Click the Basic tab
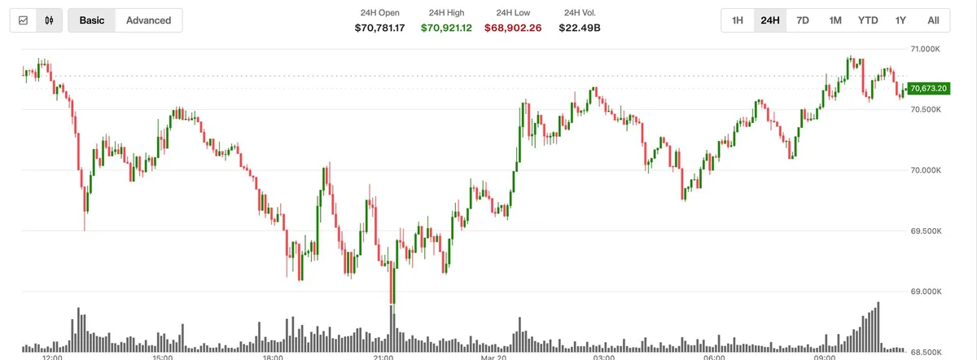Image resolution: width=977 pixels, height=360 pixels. (x=92, y=20)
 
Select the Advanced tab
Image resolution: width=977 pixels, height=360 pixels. (x=149, y=20)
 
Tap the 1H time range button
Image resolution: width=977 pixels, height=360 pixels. (x=737, y=20)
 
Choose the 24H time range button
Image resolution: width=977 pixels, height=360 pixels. (x=769, y=20)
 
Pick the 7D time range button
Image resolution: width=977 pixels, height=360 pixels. (x=803, y=20)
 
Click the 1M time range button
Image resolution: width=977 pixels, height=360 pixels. (x=835, y=20)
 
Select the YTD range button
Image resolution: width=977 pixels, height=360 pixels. (x=868, y=20)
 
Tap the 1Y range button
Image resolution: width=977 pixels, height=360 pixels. (x=900, y=20)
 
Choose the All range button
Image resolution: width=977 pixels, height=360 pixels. (x=933, y=20)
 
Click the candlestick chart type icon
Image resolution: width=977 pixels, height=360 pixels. (x=50, y=20)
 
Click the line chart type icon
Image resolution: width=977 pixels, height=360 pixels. (x=23, y=20)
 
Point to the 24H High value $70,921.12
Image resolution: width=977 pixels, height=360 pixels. (x=446, y=28)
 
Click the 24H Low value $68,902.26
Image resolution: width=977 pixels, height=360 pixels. (x=514, y=28)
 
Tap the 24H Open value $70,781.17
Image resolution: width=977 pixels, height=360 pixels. (x=379, y=28)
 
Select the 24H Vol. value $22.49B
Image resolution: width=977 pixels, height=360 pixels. (x=580, y=28)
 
